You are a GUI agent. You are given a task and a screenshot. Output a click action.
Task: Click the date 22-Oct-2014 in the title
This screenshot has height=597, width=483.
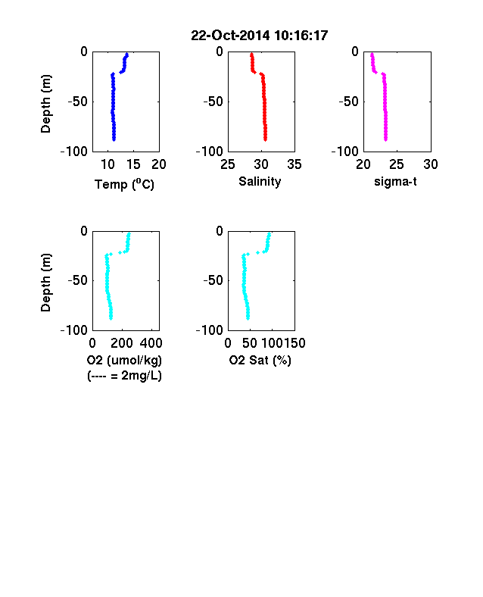coord(230,36)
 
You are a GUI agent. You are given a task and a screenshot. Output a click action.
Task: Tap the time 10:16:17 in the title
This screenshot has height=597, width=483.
coord(301,36)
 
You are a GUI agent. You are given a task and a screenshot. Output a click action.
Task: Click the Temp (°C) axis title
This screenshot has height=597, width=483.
coord(124,184)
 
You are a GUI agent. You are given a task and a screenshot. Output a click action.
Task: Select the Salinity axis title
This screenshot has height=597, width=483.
coord(260,182)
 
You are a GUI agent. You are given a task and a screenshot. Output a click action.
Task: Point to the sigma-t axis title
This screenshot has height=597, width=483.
coord(395,182)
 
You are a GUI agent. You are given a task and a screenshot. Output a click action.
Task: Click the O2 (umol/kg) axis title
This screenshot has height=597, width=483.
coord(124,360)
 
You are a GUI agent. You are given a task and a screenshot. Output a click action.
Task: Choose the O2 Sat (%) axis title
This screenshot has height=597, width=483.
coord(260,360)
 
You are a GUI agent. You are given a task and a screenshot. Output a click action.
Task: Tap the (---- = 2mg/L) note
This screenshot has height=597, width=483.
coord(124,376)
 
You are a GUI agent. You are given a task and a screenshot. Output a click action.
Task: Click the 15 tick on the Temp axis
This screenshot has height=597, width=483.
coord(133,164)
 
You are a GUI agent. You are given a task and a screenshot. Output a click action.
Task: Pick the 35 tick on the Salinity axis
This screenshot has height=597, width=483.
coord(294,164)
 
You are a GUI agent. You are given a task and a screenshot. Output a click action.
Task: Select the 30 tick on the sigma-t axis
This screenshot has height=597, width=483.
coord(431,164)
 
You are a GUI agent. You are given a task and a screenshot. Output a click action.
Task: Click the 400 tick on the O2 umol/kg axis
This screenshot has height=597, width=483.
coord(151,343)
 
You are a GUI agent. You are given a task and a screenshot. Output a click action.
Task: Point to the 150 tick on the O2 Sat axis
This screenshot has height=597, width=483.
coord(294,343)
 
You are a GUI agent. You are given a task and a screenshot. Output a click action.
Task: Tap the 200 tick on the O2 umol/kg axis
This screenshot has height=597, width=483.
coord(122,343)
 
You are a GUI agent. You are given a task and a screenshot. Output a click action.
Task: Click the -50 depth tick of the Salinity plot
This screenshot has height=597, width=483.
coord(213,102)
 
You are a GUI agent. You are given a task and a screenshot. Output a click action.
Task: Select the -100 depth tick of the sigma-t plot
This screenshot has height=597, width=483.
coord(345,152)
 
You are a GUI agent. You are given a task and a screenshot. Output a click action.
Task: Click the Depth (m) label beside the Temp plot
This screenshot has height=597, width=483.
coord(45,104)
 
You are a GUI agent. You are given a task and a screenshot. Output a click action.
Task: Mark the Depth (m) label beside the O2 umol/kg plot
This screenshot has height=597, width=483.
coord(45,283)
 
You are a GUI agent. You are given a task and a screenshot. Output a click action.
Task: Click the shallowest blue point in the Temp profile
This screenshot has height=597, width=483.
coord(127,55)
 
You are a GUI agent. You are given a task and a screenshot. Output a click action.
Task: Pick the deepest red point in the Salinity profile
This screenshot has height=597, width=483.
coord(266,139)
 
